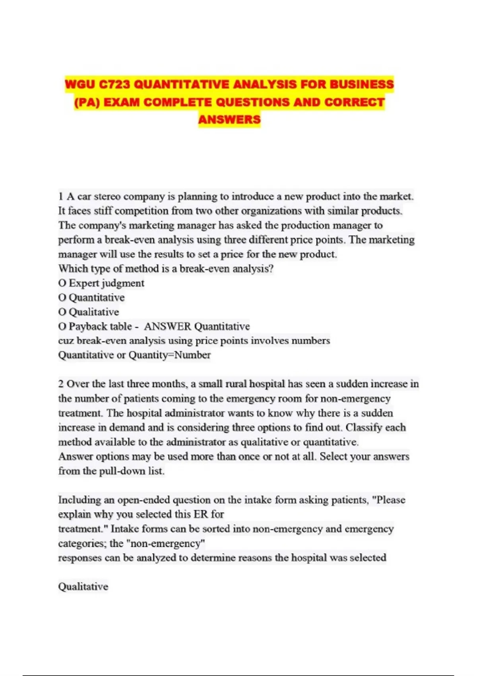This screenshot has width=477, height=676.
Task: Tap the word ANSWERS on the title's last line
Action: point(229,119)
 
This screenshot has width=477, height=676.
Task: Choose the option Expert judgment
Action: point(106,283)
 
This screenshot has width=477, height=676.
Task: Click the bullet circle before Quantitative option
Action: point(62,298)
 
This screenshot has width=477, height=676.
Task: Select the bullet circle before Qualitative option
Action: point(62,312)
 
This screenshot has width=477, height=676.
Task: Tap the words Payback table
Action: point(100,326)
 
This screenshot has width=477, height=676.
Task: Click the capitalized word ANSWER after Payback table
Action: point(167,326)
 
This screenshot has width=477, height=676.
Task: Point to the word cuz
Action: point(66,341)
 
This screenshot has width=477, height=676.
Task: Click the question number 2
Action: point(61,384)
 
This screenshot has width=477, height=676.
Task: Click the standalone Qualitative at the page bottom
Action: point(83,587)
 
